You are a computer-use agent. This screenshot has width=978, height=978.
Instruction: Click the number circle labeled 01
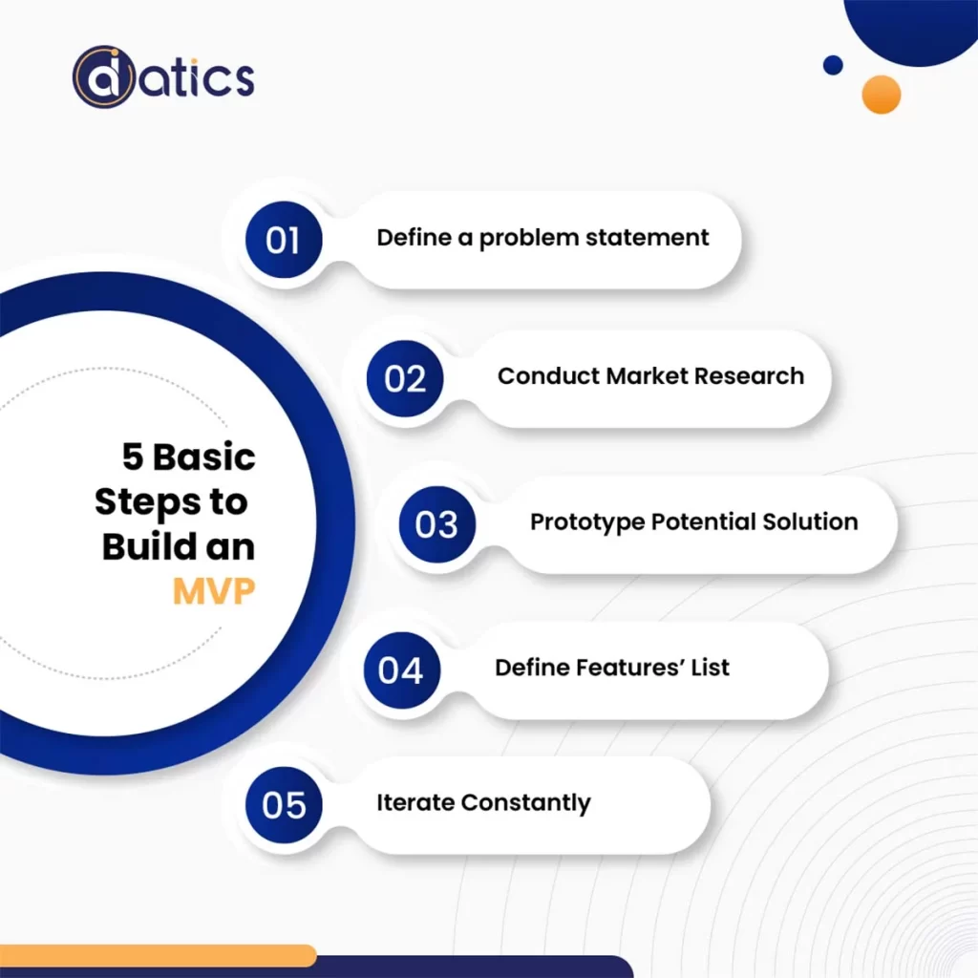point(283,240)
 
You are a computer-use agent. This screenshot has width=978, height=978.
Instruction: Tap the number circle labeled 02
point(405,378)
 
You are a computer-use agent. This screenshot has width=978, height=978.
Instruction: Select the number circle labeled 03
point(436,524)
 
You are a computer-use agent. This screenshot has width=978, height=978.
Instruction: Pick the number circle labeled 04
point(401,670)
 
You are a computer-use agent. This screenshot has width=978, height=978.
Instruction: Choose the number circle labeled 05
point(284,805)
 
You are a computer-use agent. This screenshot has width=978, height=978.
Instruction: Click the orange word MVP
point(214,592)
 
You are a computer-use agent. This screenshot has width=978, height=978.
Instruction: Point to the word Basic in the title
point(204,457)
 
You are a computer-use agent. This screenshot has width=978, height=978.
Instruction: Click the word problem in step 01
point(522,238)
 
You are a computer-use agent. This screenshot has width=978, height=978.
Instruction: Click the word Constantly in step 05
point(525,802)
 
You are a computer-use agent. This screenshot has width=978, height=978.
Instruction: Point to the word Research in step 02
point(749,375)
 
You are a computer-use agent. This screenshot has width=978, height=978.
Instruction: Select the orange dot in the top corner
point(881,95)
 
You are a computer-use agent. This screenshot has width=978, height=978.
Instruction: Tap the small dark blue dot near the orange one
point(833,65)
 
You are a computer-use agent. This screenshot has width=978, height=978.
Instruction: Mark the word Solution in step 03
point(810,522)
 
